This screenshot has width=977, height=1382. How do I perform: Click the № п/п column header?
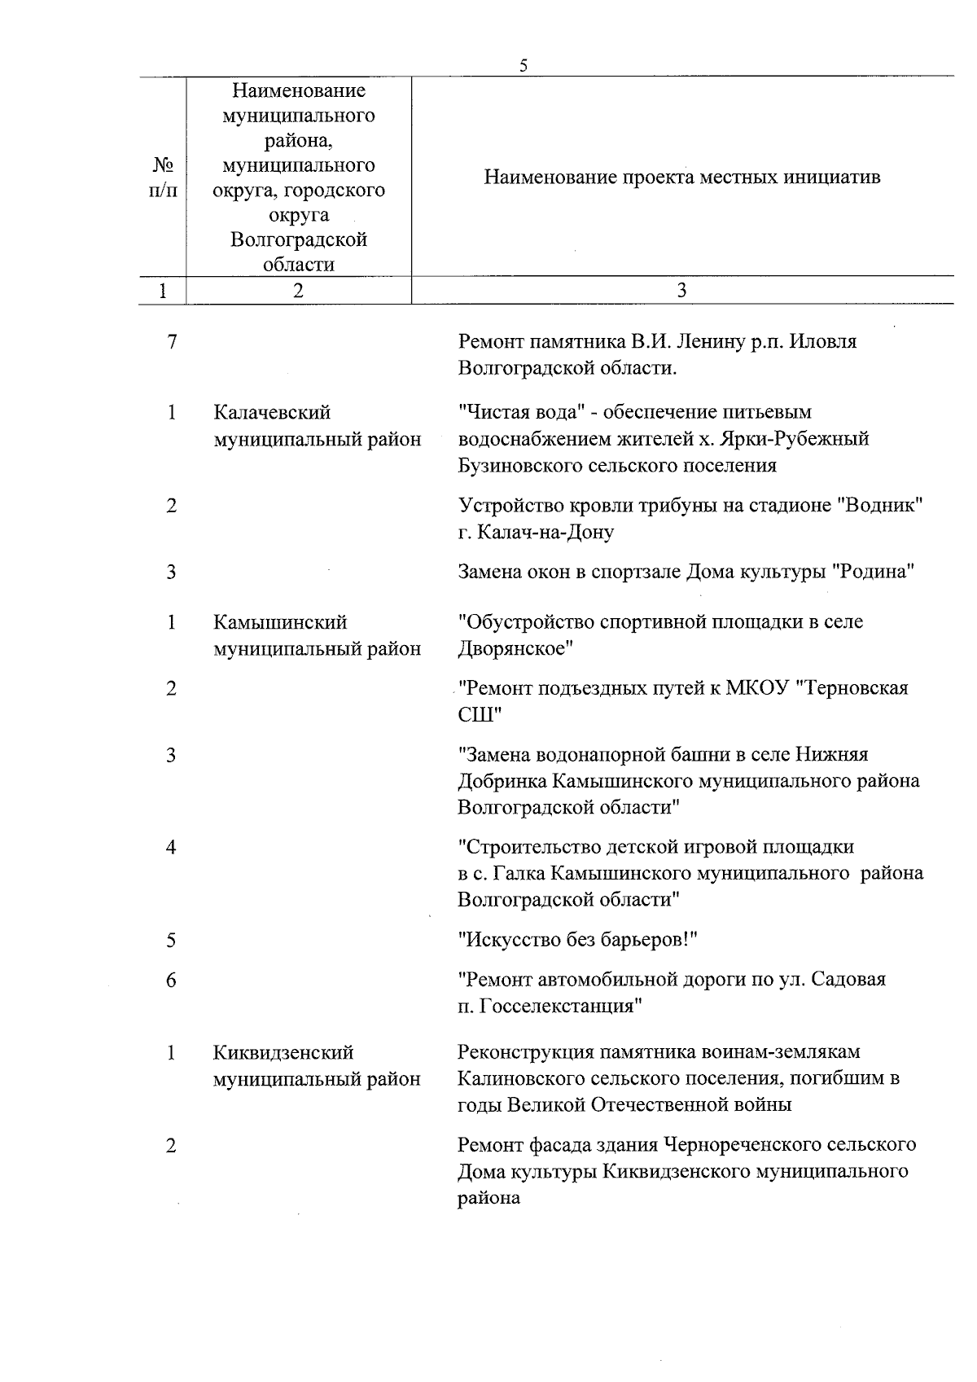coord(164,178)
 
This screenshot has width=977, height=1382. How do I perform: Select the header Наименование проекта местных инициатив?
coord(681,178)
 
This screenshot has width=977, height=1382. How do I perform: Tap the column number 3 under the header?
coord(681,291)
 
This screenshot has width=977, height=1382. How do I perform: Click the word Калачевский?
coord(272,413)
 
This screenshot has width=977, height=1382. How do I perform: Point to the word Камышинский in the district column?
coord(280,622)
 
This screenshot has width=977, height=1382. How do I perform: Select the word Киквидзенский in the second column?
coord(283,1052)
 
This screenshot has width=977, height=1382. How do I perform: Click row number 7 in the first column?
coord(171,342)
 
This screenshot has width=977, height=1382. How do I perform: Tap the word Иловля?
coord(825,342)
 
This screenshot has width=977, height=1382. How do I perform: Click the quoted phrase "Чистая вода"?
coord(520,412)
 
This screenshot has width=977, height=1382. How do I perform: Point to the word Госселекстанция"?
coord(562,1006)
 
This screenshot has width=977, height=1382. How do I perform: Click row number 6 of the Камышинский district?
coord(171,980)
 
